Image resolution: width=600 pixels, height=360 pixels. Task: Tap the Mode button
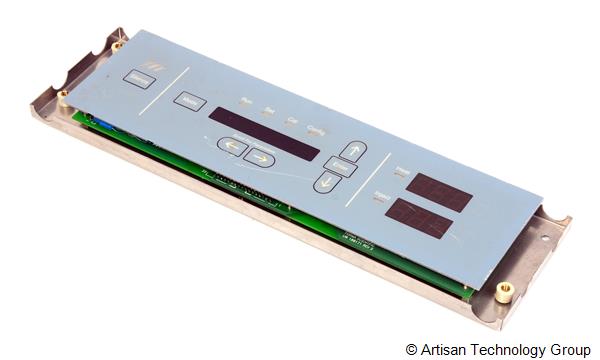(x=189, y=101)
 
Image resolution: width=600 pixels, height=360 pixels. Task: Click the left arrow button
(x=232, y=146)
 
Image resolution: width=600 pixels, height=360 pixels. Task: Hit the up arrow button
(x=353, y=151)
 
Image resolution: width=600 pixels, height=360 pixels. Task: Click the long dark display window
(x=263, y=133)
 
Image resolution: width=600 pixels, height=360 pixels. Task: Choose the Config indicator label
(x=315, y=128)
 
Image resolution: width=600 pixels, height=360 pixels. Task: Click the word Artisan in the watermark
(x=445, y=350)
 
